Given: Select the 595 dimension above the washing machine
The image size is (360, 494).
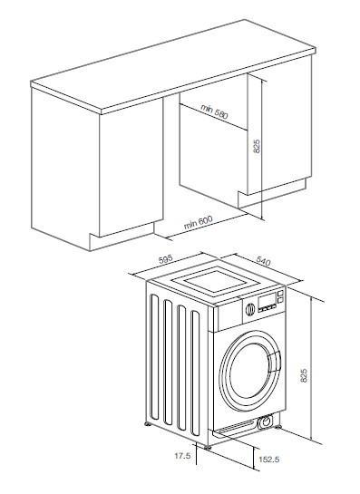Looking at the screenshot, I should click(x=165, y=260).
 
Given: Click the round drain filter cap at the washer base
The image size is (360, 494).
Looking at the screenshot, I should click(x=265, y=422).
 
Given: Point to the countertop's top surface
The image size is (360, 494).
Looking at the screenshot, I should click(x=181, y=63).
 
